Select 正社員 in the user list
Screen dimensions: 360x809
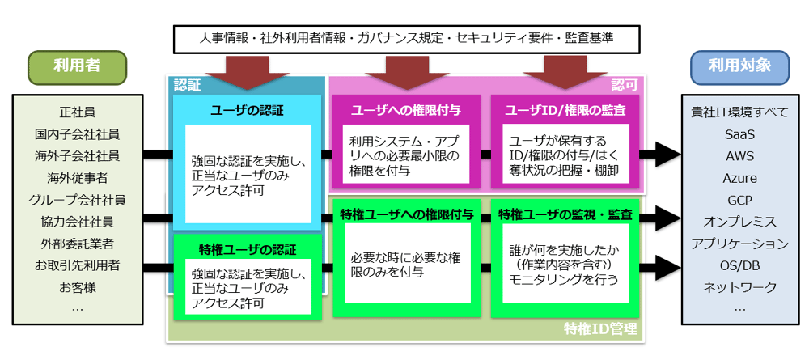(x=77, y=112)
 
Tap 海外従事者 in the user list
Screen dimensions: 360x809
(x=77, y=178)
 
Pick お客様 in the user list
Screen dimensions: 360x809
(x=77, y=287)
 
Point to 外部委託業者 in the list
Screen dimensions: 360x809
(x=77, y=244)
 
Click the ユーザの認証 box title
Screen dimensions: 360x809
(x=248, y=110)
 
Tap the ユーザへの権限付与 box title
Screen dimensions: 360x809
(x=406, y=110)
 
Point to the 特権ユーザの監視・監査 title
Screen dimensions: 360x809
(x=565, y=214)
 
